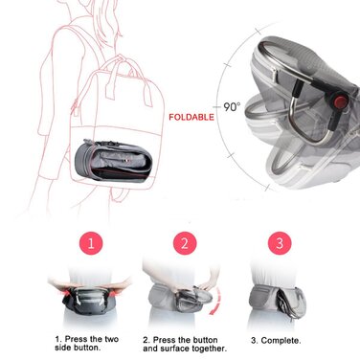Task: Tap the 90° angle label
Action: click(232, 107)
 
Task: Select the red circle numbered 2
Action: click(183, 244)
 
